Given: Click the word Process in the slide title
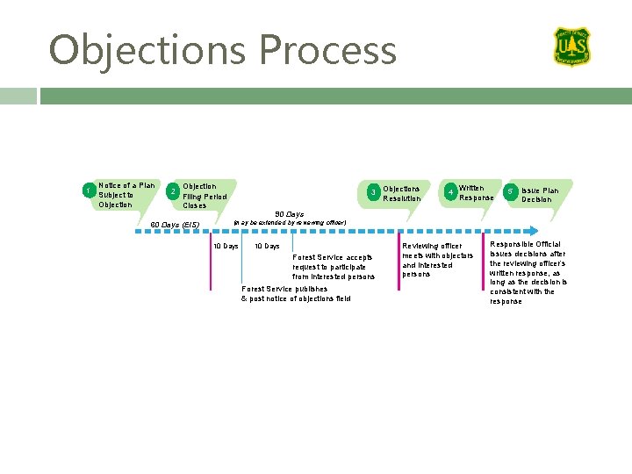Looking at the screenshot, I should tap(327, 50).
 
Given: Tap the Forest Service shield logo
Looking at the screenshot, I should tap(571, 47).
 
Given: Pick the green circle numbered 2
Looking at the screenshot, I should tap(173, 190).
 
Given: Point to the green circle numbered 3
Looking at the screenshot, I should tap(373, 191).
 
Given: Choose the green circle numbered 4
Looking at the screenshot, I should tap(450, 191).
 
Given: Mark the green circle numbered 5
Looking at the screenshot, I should tap(509, 190).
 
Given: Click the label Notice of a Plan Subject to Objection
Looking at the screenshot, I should tap(127, 195).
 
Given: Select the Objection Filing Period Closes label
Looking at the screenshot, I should tap(205, 196).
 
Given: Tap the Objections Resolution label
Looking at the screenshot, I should tap(402, 193).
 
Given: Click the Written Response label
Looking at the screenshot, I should tap(477, 192).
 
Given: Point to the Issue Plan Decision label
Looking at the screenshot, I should tap(539, 195).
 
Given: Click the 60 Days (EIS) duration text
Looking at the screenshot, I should tap(176, 225).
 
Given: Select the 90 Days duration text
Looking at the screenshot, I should tap(289, 213).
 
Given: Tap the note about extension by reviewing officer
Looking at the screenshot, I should tap(290, 222).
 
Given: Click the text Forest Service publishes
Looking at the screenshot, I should tap(284, 289).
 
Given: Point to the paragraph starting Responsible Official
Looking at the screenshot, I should tap(528, 272).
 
